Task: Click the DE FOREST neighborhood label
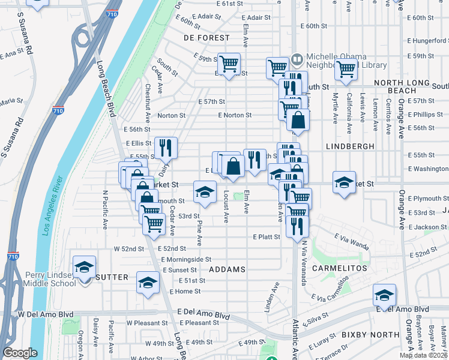click(x=206, y=37)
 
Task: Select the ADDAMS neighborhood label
click(x=228, y=269)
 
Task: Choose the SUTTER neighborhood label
click(x=112, y=277)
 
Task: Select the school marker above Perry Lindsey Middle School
click(x=84, y=266)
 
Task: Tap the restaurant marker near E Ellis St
click(x=166, y=146)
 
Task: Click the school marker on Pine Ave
click(x=205, y=192)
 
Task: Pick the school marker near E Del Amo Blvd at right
click(x=384, y=294)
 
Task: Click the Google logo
click(x=20, y=353)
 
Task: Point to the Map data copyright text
click(x=423, y=355)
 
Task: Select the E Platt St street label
click(x=267, y=237)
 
